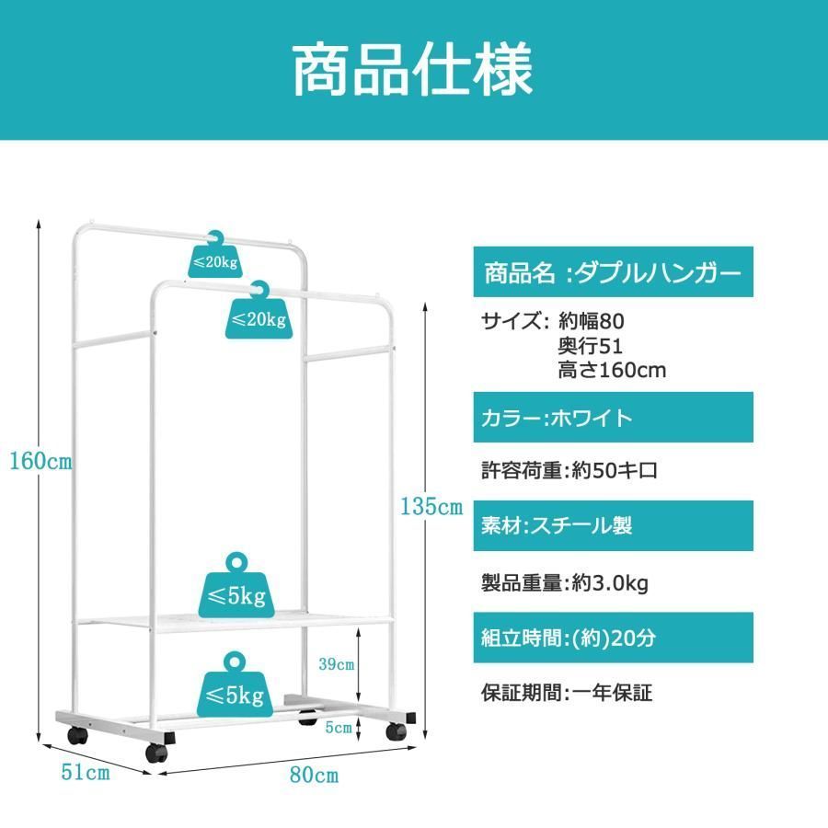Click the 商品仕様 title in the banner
[x=412, y=69]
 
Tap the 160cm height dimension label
[x=40, y=462]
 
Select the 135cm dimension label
[x=431, y=506]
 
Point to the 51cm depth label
[x=86, y=772]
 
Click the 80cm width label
[x=315, y=775]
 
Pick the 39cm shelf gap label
[x=337, y=663]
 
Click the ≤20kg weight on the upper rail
[x=215, y=256]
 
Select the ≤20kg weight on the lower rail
[x=259, y=313]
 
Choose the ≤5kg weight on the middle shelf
[x=236, y=588]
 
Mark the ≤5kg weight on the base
[x=236, y=686]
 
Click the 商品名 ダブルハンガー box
[x=613, y=272]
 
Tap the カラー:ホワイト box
[x=613, y=417]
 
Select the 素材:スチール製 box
[x=613, y=526]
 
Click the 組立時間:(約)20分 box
[x=613, y=638]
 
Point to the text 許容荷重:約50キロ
[x=569, y=470]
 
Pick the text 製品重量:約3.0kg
[x=565, y=583]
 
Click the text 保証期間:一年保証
[x=567, y=692]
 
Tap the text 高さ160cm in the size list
[x=612, y=370]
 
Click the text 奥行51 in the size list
[x=591, y=346]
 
